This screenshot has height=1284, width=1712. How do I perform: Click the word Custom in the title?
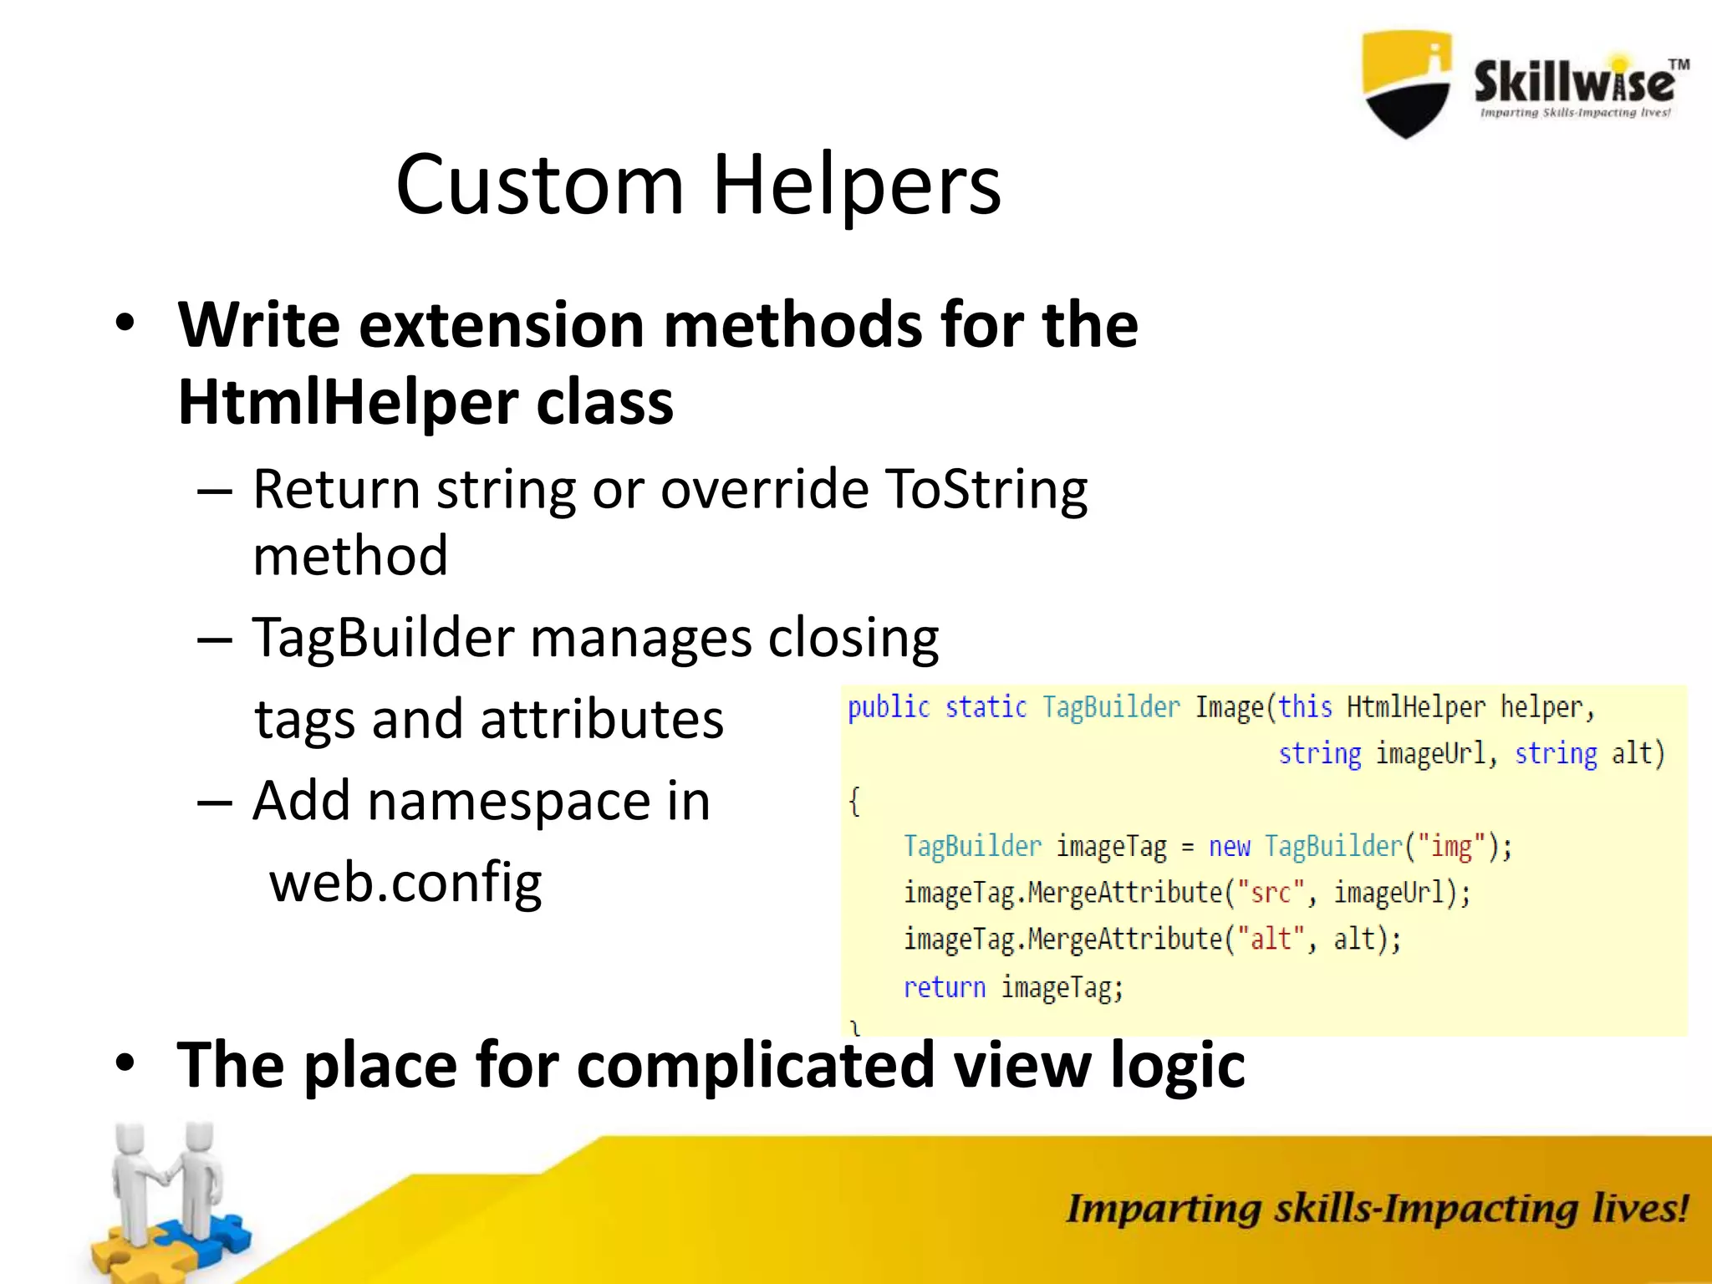pos(539,185)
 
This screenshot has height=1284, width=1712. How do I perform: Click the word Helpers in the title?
pos(856,185)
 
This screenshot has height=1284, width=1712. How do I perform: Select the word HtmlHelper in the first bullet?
pos(348,403)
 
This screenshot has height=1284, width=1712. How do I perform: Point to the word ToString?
pos(986,489)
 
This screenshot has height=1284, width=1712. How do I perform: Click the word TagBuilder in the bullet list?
pos(384,638)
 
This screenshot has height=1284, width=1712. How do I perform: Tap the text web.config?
pos(405,882)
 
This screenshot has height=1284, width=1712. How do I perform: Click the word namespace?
pos(509,801)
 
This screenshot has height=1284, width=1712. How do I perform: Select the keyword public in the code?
pos(888,708)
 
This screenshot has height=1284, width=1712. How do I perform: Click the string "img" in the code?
pos(1451,846)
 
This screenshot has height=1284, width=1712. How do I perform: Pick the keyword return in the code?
pos(944,987)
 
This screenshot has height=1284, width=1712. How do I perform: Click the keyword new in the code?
pos(1229,847)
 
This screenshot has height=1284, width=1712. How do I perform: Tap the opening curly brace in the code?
pos(853,801)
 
